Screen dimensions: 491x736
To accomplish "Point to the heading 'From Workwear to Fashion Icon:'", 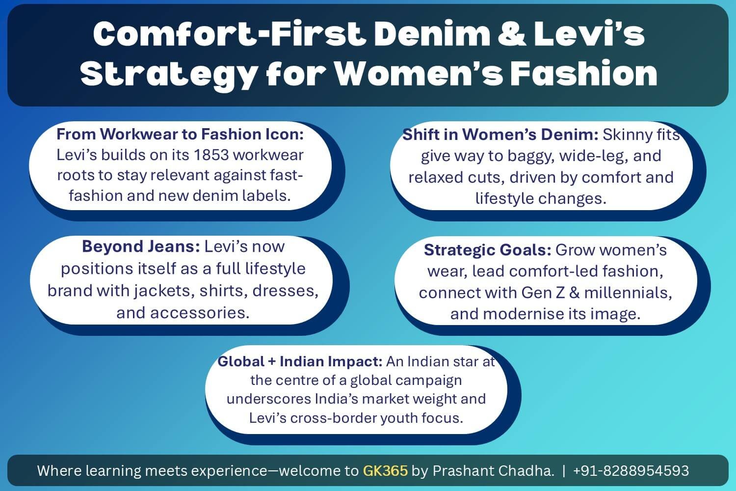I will [180, 134].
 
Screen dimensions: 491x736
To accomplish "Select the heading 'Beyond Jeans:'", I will [141, 246].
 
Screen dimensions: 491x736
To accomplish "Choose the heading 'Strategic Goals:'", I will [488, 250].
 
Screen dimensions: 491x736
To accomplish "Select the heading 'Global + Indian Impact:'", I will [300, 361].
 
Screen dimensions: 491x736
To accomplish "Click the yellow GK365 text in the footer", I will [385, 471].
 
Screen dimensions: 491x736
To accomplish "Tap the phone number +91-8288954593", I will [631, 471].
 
